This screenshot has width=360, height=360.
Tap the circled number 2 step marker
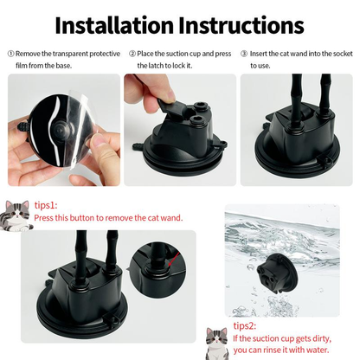coord(132,54)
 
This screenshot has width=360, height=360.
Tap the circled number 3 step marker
coord(244,54)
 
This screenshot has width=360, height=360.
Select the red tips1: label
coord(46,206)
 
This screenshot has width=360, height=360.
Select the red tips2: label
coord(246,327)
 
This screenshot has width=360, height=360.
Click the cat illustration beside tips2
coord(217,339)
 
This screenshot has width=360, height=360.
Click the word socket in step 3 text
coord(338,54)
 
